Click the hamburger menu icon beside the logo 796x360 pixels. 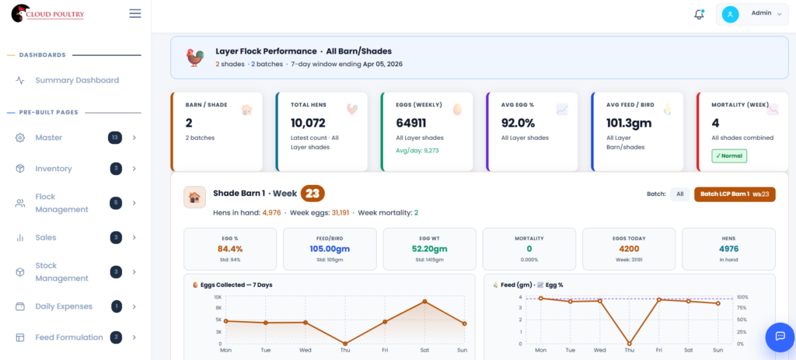[x=135, y=13]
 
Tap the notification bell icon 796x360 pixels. [x=699, y=14]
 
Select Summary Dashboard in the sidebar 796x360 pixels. [x=76, y=80]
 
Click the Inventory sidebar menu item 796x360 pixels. [x=54, y=169]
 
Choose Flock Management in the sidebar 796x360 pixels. [x=61, y=203]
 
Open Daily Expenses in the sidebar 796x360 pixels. [x=64, y=306]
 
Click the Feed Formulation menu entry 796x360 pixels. [x=68, y=337]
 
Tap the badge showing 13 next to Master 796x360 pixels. [x=115, y=138]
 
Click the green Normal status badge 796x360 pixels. [x=729, y=156]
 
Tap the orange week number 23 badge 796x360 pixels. [x=312, y=194]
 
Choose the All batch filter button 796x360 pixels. [x=679, y=194]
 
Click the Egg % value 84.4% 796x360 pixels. [x=230, y=249]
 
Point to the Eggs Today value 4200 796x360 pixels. [x=629, y=249]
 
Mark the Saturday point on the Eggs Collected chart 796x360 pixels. [x=424, y=301]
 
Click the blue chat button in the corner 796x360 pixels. [x=780, y=336]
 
